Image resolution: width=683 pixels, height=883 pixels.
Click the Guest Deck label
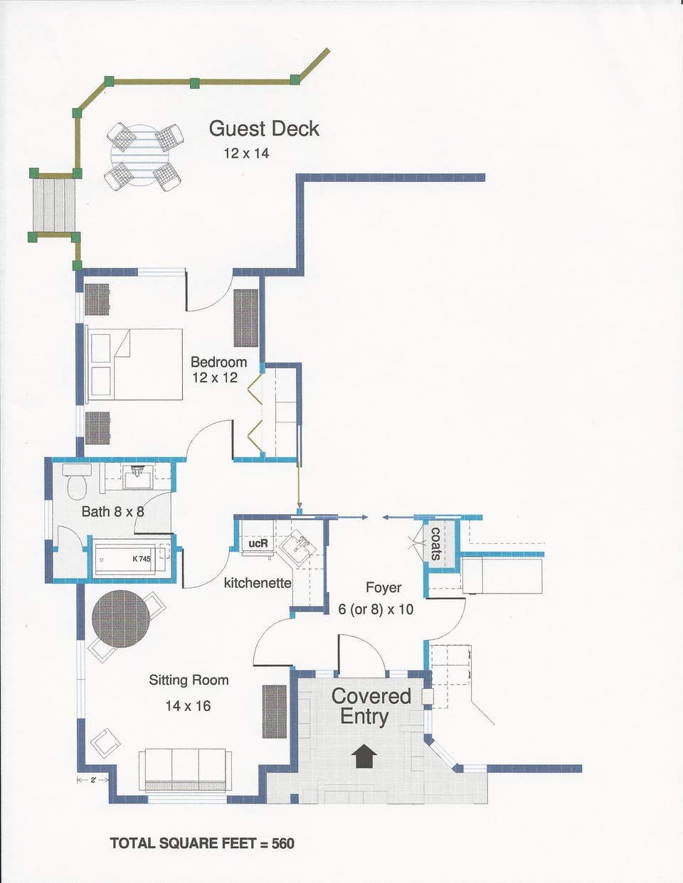264,129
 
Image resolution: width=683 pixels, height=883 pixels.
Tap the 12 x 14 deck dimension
246,153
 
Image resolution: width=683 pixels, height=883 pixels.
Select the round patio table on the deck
144,156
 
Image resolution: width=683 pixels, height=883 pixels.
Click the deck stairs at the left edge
55,205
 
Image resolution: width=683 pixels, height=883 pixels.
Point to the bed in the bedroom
134,364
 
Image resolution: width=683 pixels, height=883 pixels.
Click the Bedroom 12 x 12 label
218,370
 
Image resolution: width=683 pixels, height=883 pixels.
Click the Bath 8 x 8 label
112,511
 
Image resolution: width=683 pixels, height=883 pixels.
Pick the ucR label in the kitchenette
258,543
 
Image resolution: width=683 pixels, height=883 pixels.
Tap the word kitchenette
258,583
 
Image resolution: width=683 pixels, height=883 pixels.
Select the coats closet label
436,544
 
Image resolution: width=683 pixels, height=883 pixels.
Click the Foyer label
383,587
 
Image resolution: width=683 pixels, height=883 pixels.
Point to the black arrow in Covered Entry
364,755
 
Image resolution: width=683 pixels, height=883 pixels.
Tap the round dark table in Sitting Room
121,619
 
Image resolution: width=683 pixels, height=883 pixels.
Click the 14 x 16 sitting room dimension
188,706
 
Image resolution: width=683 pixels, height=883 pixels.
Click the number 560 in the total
282,843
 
